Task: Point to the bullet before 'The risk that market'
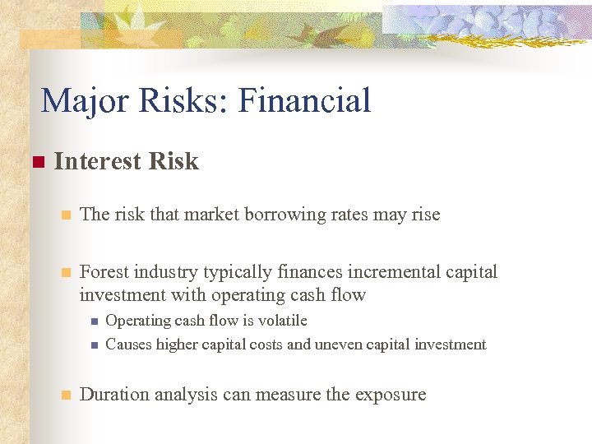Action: coord(66,215)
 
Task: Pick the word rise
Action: coord(424,215)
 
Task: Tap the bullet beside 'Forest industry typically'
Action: coord(66,272)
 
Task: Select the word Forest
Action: coord(104,272)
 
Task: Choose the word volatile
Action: coord(280,321)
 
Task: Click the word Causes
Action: coord(128,345)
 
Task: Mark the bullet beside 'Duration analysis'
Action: coord(66,395)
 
